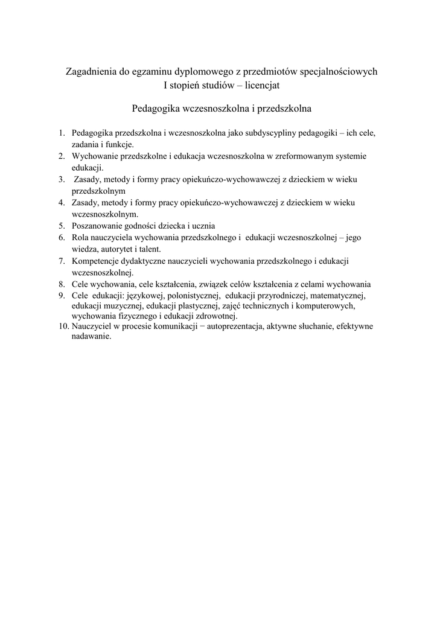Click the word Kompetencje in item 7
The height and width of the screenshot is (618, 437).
97,261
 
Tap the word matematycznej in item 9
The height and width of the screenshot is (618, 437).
340,295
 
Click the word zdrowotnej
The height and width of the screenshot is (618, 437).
212,316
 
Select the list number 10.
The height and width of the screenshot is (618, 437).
63,327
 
